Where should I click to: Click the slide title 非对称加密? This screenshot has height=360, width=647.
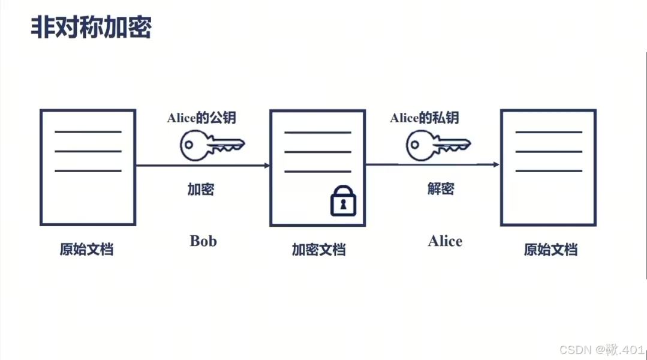tap(91, 28)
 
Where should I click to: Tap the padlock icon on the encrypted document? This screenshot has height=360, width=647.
tap(343, 201)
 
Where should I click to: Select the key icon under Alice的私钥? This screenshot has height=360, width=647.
tap(438, 145)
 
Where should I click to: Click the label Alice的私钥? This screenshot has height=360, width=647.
tap(425, 118)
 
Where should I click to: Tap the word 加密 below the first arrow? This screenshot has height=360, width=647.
tap(201, 190)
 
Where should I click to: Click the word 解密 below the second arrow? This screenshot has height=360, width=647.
tap(441, 189)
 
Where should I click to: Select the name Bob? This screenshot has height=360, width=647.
tap(203, 241)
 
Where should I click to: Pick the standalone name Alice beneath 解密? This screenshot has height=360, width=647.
tap(445, 241)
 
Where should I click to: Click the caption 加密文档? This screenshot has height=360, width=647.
tap(318, 250)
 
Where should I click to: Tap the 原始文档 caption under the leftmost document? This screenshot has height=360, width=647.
tap(86, 250)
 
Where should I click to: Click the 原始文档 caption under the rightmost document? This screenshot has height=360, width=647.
tap(550, 250)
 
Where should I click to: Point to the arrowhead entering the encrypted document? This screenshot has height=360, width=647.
tap(266, 166)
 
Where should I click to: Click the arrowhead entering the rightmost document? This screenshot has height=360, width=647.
tap(496, 164)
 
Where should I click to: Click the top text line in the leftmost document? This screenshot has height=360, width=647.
tap(88, 131)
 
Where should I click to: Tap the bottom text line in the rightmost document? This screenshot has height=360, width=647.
tap(549, 171)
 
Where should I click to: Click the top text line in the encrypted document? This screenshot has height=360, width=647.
tap(317, 133)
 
